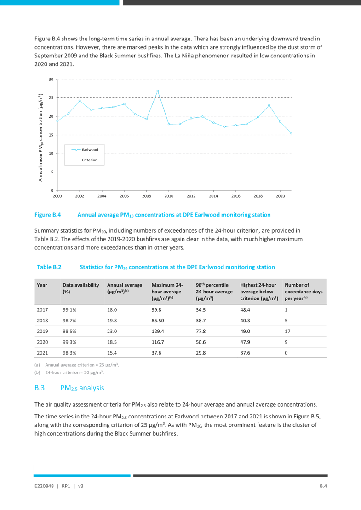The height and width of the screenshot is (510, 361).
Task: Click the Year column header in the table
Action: pyautogui.click(x=42, y=285)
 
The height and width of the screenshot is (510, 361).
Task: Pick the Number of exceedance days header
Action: pyautogui.click(x=304, y=292)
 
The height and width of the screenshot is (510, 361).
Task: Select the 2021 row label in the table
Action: pyautogui.click(x=42, y=352)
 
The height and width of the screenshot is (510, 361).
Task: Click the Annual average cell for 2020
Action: pyautogui.click(x=112, y=341)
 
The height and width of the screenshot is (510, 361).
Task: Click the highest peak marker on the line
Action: pyautogui.click(x=158, y=91)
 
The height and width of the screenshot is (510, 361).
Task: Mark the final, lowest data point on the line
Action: pyautogui.click(x=291, y=133)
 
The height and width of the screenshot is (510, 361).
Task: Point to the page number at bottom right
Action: pyautogui.click(x=323, y=486)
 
